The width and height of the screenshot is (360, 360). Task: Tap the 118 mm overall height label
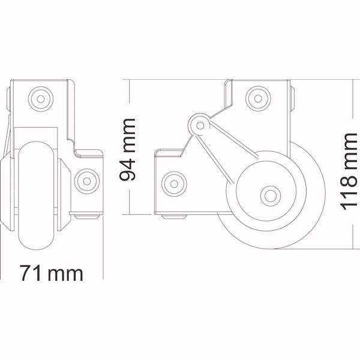[349, 172]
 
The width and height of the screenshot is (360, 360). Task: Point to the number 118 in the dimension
[349, 193]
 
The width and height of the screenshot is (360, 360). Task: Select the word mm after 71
[67, 272]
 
